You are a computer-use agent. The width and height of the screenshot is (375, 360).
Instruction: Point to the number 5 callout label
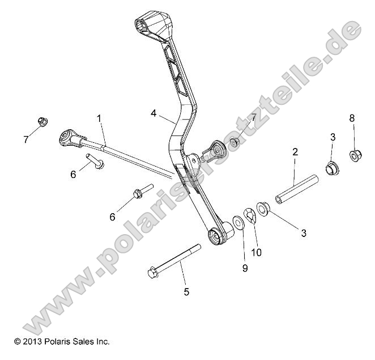[x=186, y=292]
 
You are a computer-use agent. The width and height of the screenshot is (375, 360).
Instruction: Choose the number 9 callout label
[x=245, y=268]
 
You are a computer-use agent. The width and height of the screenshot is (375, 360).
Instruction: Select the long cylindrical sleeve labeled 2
[x=297, y=188]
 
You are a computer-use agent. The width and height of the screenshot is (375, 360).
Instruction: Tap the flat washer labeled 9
[x=238, y=220]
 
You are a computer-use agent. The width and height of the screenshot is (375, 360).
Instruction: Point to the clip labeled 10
[x=250, y=215]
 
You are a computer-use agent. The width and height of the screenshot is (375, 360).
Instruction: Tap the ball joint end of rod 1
[x=68, y=137]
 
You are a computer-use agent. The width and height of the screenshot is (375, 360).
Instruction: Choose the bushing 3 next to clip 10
[x=263, y=207]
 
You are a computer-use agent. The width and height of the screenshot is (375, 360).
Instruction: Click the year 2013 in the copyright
[x=33, y=342]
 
